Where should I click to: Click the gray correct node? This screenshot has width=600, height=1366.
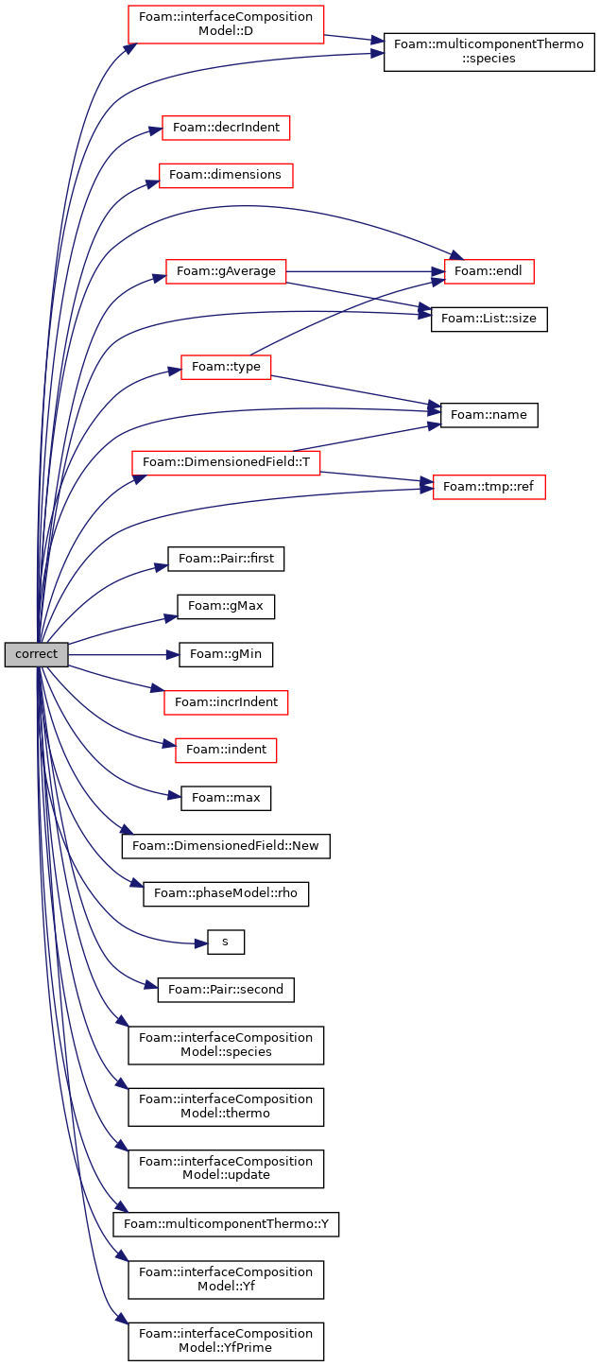click(x=37, y=654)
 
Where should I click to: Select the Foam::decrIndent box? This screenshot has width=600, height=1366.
click(x=226, y=128)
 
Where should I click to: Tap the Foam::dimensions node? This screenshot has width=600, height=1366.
click(x=226, y=175)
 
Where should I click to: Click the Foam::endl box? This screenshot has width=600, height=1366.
click(x=489, y=271)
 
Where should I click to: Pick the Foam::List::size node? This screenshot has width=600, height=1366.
click(x=489, y=319)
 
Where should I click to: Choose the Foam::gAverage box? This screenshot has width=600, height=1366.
click(x=226, y=271)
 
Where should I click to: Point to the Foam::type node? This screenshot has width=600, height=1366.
click(x=226, y=367)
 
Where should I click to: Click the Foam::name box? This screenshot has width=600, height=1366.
click(x=489, y=415)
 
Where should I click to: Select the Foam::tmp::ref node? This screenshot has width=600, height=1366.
click(x=489, y=487)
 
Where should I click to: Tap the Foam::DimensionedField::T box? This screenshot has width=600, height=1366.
click(x=226, y=462)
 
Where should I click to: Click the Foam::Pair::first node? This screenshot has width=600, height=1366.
click(x=226, y=559)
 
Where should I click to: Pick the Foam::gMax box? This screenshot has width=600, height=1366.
click(x=226, y=606)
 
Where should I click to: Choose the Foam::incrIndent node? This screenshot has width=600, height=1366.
click(x=226, y=702)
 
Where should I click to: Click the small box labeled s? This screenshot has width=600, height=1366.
click(x=226, y=942)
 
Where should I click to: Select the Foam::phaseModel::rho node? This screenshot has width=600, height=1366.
click(x=226, y=894)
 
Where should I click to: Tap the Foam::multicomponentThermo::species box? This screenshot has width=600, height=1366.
click(x=489, y=52)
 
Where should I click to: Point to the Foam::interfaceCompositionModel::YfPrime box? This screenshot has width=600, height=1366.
click(x=226, y=1341)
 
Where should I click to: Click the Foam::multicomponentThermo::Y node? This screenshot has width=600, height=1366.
click(x=226, y=1224)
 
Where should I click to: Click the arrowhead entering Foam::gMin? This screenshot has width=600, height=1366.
click(x=173, y=654)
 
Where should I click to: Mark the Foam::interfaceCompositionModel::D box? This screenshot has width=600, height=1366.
click(x=226, y=25)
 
